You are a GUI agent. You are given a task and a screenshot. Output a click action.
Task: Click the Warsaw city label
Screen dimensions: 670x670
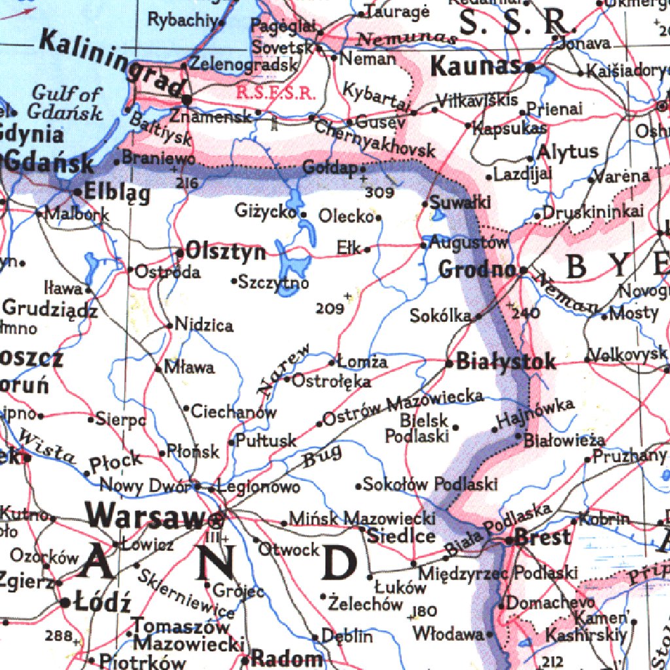[145, 514]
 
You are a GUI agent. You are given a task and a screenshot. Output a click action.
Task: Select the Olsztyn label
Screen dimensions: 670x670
[226, 252]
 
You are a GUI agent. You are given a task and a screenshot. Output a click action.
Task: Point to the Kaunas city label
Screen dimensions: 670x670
[476, 66]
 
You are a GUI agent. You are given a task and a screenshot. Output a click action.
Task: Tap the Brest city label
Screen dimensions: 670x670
[542, 538]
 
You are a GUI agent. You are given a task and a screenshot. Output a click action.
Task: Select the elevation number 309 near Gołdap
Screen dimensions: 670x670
[379, 193]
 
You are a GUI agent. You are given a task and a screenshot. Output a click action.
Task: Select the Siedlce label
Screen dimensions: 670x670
[401, 536]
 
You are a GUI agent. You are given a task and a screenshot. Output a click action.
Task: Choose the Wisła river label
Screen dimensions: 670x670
[46, 447]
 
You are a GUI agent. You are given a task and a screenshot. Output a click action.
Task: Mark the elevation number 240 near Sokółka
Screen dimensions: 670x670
[527, 313]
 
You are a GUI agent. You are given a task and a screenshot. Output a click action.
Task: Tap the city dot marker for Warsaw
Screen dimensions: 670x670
[217, 521]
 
